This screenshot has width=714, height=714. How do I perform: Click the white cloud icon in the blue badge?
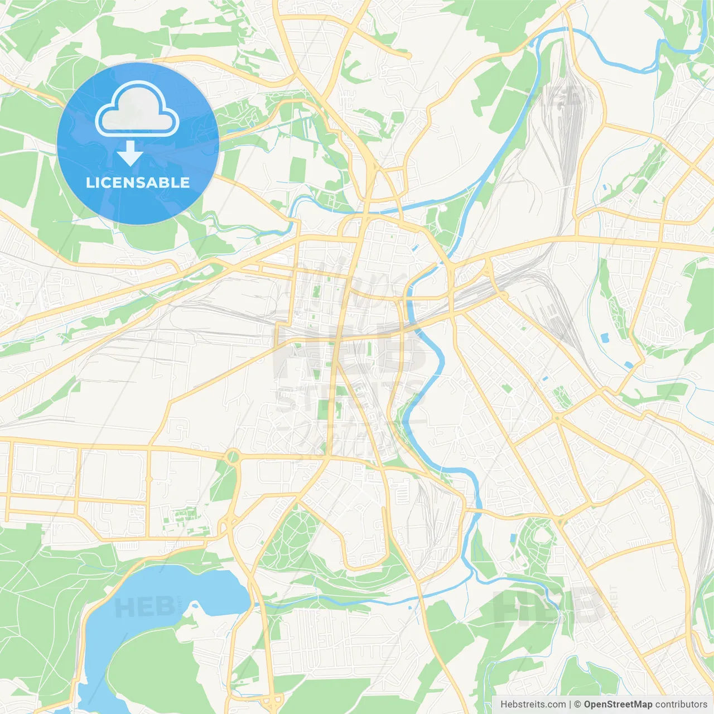[137, 109]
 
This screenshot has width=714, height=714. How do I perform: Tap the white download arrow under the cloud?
[130, 154]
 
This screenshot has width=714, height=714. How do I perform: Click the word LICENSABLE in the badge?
[138, 182]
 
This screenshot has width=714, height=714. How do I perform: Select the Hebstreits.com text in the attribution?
[533, 705]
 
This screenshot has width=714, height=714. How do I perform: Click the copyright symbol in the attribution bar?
[577, 705]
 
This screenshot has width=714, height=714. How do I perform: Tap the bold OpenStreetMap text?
[617, 705]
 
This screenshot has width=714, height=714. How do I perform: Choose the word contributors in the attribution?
[681, 705]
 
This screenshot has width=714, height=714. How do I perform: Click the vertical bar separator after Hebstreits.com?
[570, 705]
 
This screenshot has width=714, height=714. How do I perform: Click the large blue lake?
[167, 591]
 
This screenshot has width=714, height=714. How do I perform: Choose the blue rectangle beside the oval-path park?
[513, 538]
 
